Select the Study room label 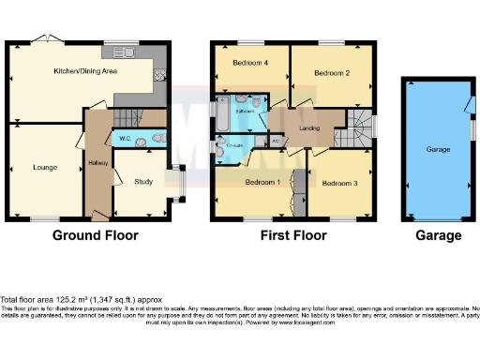pyautogui.click(x=143, y=182)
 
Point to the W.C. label pyautogui.click(x=124, y=140)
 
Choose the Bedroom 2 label pyautogui.click(x=331, y=71)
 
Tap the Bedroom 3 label pyautogui.click(x=338, y=183)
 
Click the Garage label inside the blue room pyautogui.click(x=439, y=149)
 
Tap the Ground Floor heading pyautogui.click(x=95, y=235)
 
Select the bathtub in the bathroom pyautogui.click(x=220, y=113)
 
